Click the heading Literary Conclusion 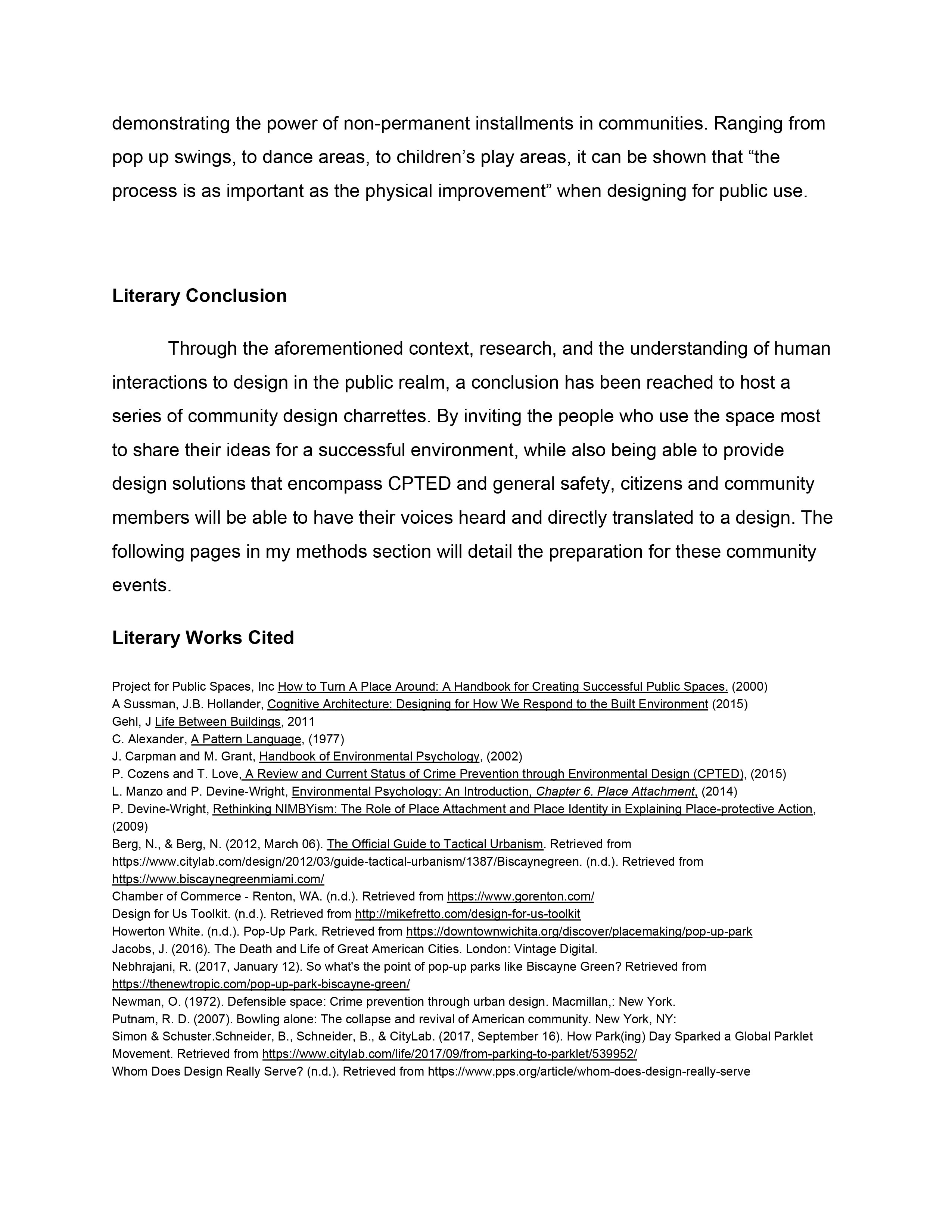(199, 296)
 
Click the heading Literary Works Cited (203, 637)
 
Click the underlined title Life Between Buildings (218, 722)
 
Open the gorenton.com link (520, 896)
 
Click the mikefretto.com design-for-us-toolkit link (467, 914)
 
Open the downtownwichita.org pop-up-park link (579, 931)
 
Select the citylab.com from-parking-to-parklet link (449, 1054)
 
